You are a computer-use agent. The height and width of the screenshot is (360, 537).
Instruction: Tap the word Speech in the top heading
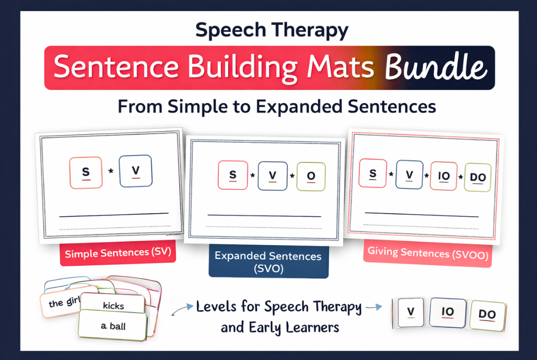pos(230,30)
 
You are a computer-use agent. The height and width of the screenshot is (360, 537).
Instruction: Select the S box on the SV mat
pos(86,173)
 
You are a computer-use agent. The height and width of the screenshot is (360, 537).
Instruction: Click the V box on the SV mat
pos(136,171)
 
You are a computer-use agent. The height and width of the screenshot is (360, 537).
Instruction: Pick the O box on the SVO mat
pos(311,176)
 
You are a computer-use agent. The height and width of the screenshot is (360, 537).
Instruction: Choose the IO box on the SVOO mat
pos(443,176)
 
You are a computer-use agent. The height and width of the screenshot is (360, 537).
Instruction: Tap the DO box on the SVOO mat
pos(478,177)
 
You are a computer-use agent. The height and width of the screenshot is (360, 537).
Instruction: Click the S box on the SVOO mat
pos(373,173)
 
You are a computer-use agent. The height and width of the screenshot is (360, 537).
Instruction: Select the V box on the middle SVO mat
pos(273,176)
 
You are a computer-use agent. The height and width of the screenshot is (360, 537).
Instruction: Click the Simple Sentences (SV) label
pos(118,253)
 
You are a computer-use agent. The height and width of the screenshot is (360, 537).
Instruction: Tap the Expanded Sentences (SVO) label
pos(268,262)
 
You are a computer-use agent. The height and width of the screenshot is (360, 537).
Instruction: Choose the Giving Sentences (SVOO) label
pos(428,253)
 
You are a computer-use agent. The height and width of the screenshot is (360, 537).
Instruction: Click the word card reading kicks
pos(113,304)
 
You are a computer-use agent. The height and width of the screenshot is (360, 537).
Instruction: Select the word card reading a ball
pos(113,326)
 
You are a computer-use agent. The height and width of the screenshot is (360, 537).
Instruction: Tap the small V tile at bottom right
pos(410,312)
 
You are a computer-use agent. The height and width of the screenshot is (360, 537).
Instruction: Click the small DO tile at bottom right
pos(487,314)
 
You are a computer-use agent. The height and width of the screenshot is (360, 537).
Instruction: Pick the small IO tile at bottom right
pos(448,312)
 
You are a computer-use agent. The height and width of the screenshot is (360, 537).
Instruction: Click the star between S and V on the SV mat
pos(111,171)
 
